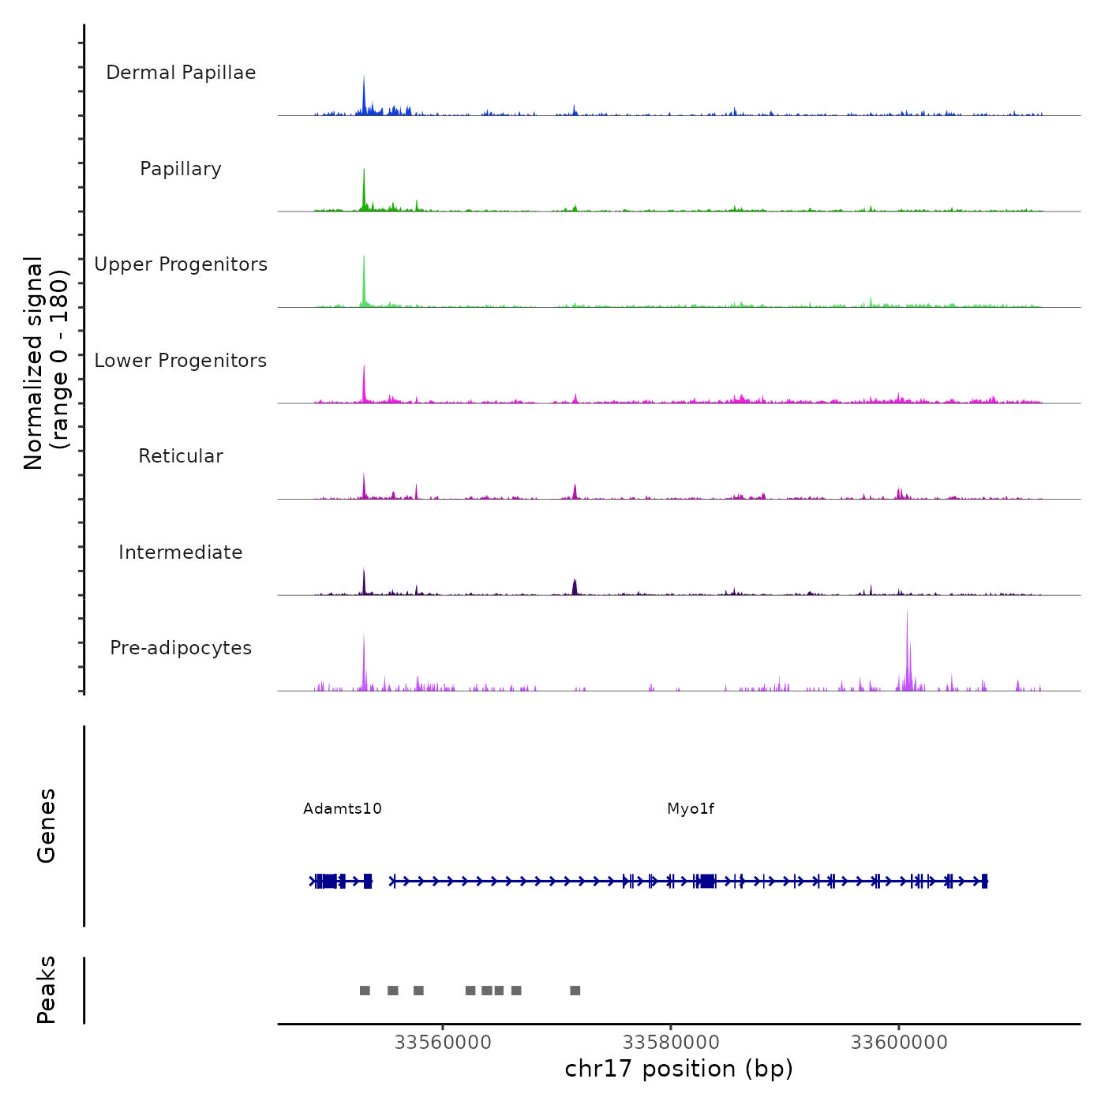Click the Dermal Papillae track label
tap(181, 73)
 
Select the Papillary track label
tap(181, 169)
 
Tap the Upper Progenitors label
tap(181, 264)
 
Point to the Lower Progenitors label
tap(181, 361)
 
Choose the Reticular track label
tap(181, 456)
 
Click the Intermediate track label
tap(181, 552)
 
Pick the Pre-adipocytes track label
tap(181, 648)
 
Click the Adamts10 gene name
tap(343, 809)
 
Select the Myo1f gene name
tap(691, 809)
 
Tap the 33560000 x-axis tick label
tap(443, 1043)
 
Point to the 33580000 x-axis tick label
tap(671, 1043)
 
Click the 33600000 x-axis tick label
tap(899, 1043)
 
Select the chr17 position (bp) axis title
tap(679, 1069)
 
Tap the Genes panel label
tap(47, 826)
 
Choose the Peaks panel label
tap(47, 990)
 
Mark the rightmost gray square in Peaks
tap(575, 991)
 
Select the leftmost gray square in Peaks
tap(365, 991)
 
